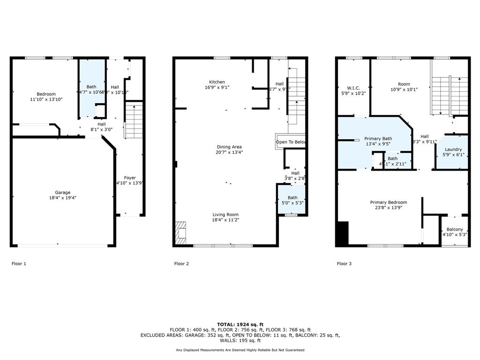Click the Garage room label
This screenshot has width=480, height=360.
click(63, 192)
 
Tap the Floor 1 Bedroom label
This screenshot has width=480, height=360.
click(46, 94)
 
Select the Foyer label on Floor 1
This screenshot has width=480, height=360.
click(130, 178)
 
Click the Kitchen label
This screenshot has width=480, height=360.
click(217, 82)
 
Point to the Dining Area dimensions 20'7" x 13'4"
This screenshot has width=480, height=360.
click(230, 152)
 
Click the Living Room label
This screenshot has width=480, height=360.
click(226, 215)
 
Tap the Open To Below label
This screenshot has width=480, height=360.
click(291, 142)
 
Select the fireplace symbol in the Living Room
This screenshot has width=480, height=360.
click(180, 233)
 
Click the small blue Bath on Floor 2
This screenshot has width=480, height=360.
click(292, 200)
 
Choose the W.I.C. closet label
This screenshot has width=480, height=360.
click(353, 88)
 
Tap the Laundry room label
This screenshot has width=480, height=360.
click(453, 150)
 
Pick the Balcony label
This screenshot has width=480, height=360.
click(454, 229)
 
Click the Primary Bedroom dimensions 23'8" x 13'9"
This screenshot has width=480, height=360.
click(388, 208)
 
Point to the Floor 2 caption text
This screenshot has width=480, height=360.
click(181, 263)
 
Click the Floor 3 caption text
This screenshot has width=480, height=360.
click(344, 263)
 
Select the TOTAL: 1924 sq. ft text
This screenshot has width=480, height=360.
click(240, 324)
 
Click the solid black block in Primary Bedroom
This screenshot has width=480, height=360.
click(343, 233)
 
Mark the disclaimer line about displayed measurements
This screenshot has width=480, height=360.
click(240, 350)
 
